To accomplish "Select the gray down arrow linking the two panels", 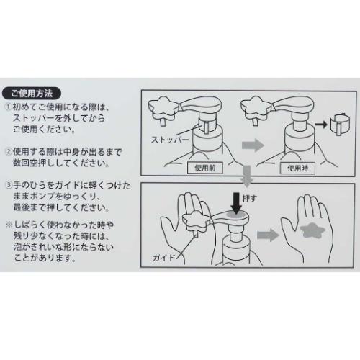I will point(247,174).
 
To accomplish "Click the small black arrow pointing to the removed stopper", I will point(318,126).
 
